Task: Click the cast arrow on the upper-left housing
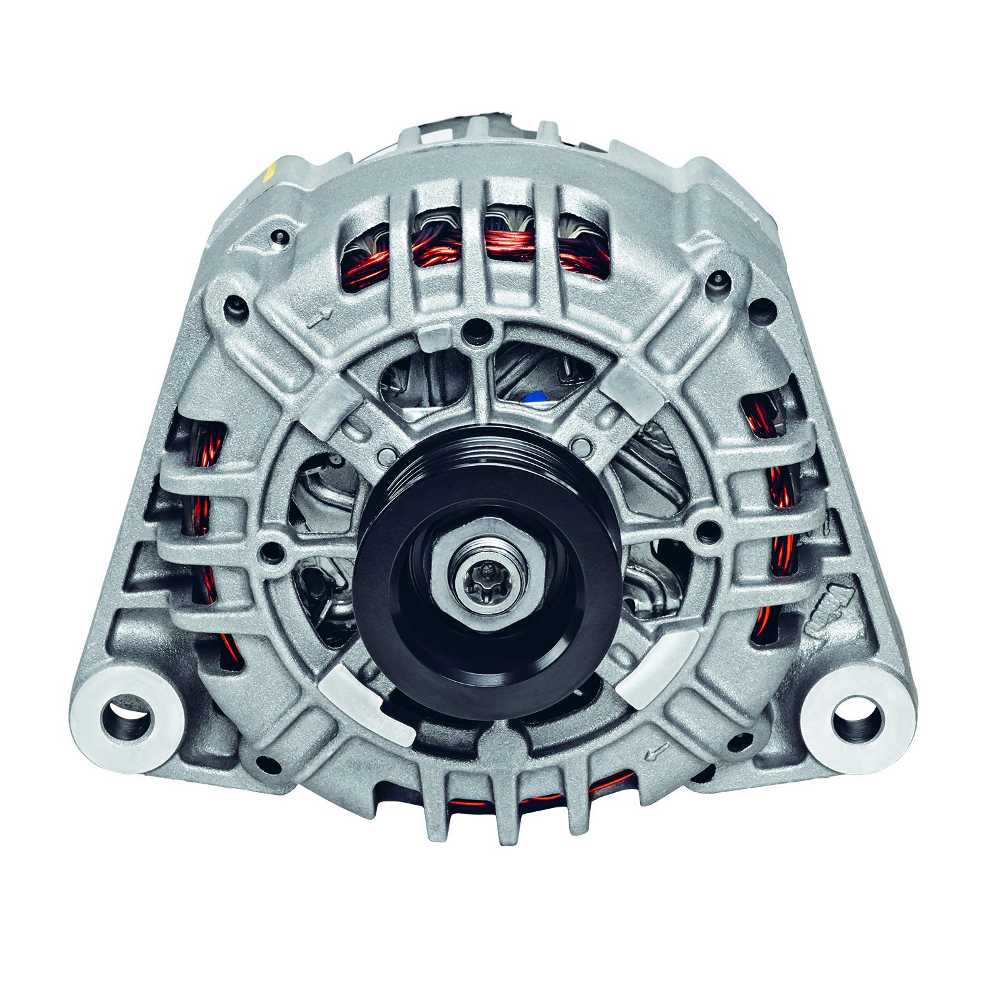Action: pos(320,320)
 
